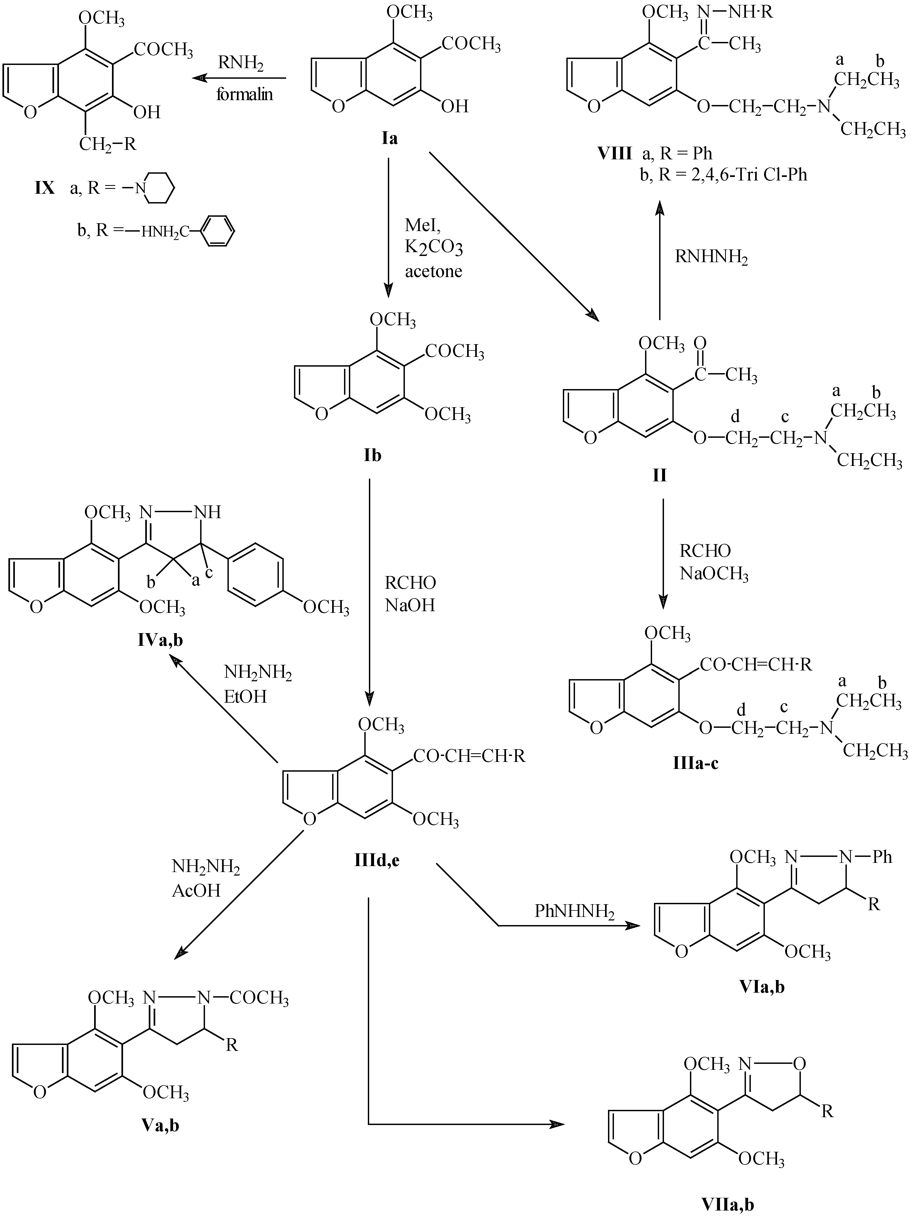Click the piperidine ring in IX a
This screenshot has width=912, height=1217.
pyautogui.click(x=159, y=189)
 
